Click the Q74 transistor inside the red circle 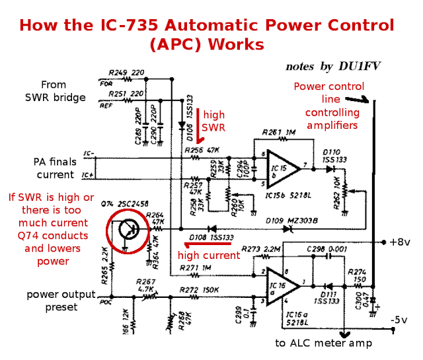click(x=126, y=231)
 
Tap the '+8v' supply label click(x=399, y=242)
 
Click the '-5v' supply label click(x=400, y=320)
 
